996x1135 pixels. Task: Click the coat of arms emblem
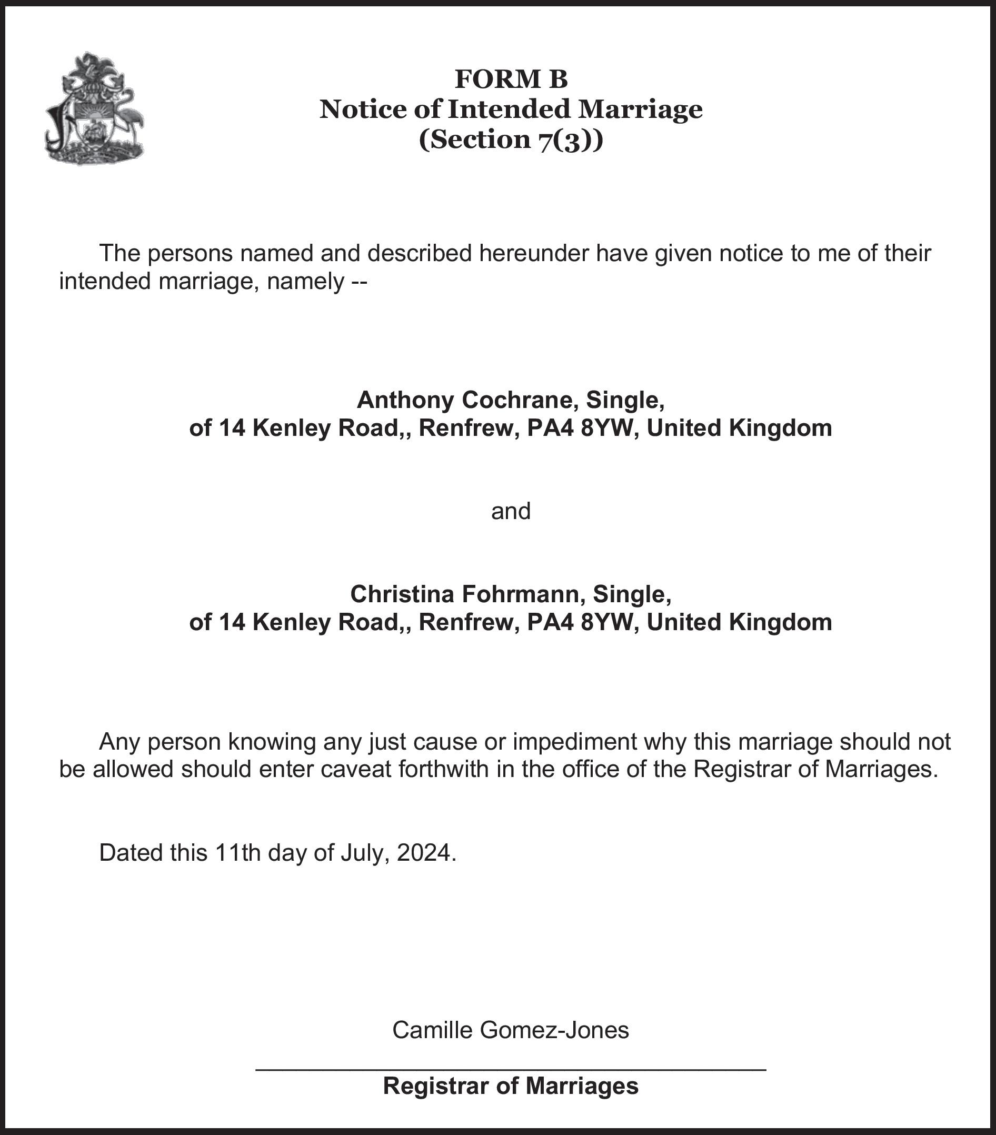coord(94,109)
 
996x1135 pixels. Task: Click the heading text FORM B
coord(511,79)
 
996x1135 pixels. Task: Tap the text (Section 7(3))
coord(511,140)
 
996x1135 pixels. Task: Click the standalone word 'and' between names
coord(511,511)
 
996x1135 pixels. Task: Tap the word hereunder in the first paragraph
coord(533,253)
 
